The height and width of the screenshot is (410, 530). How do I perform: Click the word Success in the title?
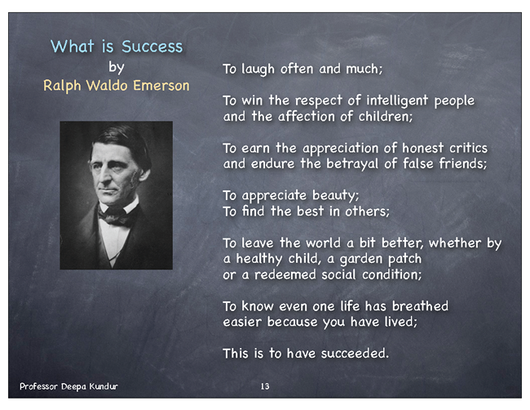point(152,47)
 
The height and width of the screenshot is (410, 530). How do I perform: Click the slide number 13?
point(265,386)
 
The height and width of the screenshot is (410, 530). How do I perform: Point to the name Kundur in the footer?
point(104,386)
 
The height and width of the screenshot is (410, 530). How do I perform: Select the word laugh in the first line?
point(258,69)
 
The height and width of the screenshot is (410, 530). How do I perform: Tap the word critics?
point(468,148)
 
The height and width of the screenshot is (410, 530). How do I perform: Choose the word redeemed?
point(285,274)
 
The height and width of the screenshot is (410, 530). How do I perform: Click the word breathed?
point(420,306)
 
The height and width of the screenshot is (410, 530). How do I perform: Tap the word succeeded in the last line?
point(355,354)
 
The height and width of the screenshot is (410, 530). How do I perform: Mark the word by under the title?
point(117,67)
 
